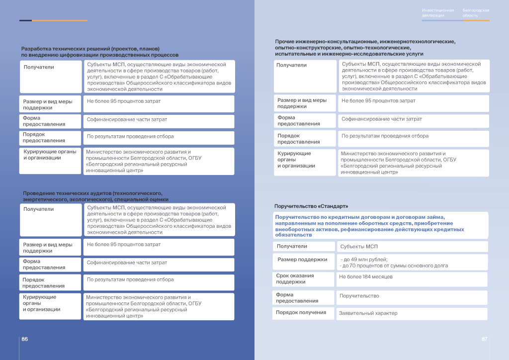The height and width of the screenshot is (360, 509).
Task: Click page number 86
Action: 24,339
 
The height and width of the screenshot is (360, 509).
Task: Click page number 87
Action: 484,339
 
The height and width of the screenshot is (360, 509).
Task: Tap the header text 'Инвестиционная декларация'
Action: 438,13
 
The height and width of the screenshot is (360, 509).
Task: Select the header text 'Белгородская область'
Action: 476,13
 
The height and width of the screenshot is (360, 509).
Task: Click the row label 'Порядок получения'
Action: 301,312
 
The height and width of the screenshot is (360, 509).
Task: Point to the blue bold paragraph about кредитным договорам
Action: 370,226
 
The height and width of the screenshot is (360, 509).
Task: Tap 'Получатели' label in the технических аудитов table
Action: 38,209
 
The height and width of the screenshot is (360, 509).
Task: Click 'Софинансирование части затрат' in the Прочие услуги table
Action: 381,119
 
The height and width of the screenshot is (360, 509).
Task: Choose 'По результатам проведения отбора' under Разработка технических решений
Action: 130,136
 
